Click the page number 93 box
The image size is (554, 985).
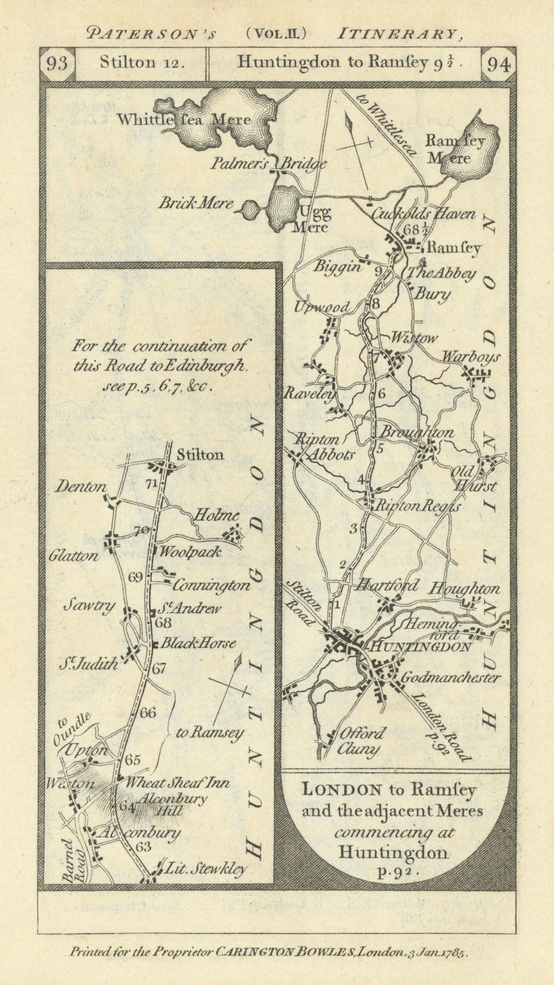coord(57,64)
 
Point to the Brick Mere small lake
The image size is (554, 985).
coord(249,210)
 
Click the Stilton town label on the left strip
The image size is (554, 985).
coord(199,455)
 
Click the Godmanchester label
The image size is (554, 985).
coord(450,677)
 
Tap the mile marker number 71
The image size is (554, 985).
coord(151,484)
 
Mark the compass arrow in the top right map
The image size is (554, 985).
coord(353,142)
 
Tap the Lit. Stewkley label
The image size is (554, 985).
coord(205,869)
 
